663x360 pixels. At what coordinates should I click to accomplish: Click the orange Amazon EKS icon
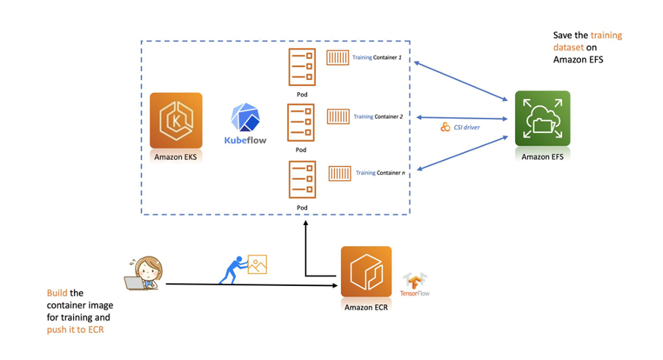pyautogui.click(x=176, y=120)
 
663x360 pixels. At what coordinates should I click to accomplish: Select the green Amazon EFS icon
pyautogui.click(x=542, y=118)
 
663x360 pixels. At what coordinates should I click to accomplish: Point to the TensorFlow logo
pyautogui.click(x=415, y=284)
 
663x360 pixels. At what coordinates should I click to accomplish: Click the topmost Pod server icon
pyautogui.click(x=301, y=68)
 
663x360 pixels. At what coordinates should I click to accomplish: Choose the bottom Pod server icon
pyautogui.click(x=301, y=180)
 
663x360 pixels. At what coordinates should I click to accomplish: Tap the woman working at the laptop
pyautogui.click(x=143, y=272)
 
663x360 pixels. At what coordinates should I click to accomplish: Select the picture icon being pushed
pyautogui.click(x=257, y=264)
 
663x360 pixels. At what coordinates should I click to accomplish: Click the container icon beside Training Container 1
pyautogui.click(x=338, y=57)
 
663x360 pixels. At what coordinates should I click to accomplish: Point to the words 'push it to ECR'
pyautogui.click(x=75, y=330)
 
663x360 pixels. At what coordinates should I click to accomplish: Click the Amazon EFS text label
pyautogui.click(x=542, y=156)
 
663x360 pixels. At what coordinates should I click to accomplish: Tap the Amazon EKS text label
pyautogui.click(x=176, y=156)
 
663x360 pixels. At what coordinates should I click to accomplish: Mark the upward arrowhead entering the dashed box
pyautogui.click(x=305, y=223)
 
